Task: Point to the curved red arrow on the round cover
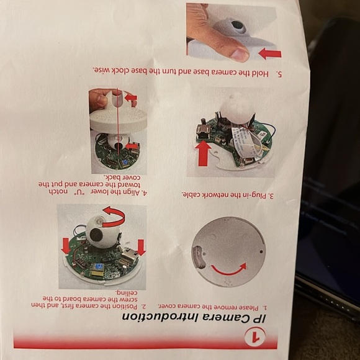pos(229,269)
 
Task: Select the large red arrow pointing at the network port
pos(203,153)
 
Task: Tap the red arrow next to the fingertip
pos(270,53)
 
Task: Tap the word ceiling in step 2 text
pos(126,293)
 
